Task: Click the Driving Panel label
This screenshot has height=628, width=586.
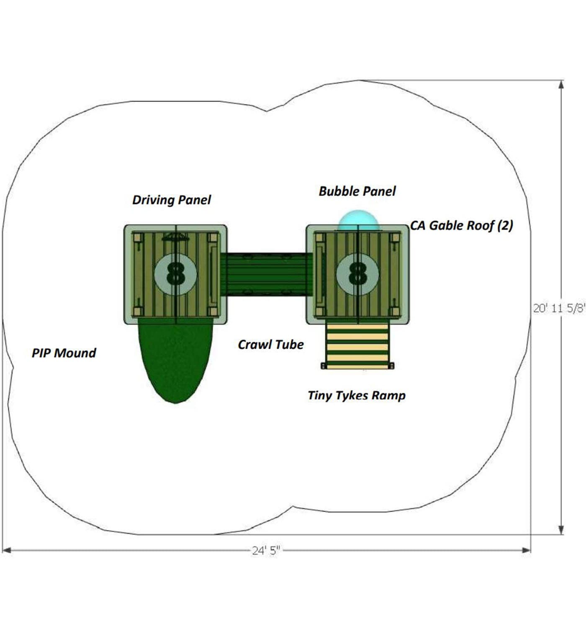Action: pos(171,200)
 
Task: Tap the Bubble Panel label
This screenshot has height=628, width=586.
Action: pos(357,191)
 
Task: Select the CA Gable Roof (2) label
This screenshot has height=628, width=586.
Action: pos(461,226)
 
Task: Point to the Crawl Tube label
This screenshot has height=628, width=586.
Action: pos(271,345)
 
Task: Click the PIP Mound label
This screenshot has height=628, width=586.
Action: pos(64,353)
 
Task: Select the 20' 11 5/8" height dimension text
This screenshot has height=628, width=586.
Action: pos(559,308)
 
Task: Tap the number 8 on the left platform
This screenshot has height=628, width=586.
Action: pos(175,274)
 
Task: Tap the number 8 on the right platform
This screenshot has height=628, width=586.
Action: pos(357,274)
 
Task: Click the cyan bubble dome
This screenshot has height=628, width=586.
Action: pos(358,220)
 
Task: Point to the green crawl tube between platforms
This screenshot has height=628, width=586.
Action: pos(266,274)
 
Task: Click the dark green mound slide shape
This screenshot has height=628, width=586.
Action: pos(175,360)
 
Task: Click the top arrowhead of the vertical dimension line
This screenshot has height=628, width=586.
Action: pos(561,85)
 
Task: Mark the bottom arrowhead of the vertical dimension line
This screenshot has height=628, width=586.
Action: pos(561,530)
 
